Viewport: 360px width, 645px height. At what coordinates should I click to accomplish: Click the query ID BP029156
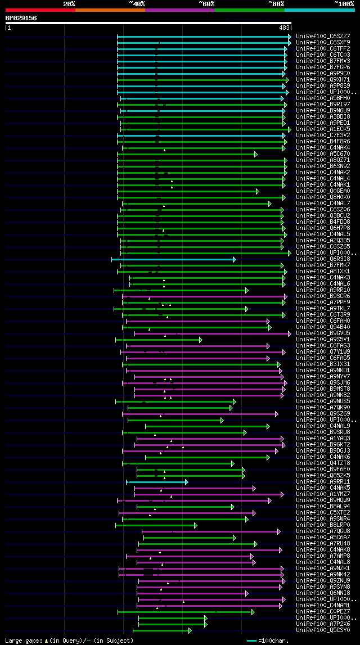21,18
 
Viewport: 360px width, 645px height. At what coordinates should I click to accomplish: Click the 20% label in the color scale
69,3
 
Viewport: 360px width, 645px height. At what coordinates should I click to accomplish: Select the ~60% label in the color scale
206,3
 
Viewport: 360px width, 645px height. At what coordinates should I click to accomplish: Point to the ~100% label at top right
344,3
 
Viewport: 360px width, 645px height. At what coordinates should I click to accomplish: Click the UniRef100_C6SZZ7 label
322,37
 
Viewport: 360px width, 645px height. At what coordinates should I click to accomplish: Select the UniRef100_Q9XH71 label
322,80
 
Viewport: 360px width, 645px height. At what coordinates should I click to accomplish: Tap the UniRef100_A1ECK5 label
322,129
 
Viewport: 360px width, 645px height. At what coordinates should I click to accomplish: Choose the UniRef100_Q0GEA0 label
322,191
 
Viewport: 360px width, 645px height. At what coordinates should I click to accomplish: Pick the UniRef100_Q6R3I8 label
322,259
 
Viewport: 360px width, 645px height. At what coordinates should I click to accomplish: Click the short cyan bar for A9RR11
157,482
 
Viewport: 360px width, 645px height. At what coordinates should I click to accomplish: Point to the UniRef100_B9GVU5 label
322,333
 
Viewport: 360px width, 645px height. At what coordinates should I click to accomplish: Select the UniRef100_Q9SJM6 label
322,383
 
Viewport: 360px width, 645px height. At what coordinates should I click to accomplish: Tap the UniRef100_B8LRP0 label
322,525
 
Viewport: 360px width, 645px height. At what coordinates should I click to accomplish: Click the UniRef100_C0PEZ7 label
322,612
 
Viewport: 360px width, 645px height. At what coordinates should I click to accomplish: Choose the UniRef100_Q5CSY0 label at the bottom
322,630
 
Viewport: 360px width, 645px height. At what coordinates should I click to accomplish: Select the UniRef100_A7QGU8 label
322,531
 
